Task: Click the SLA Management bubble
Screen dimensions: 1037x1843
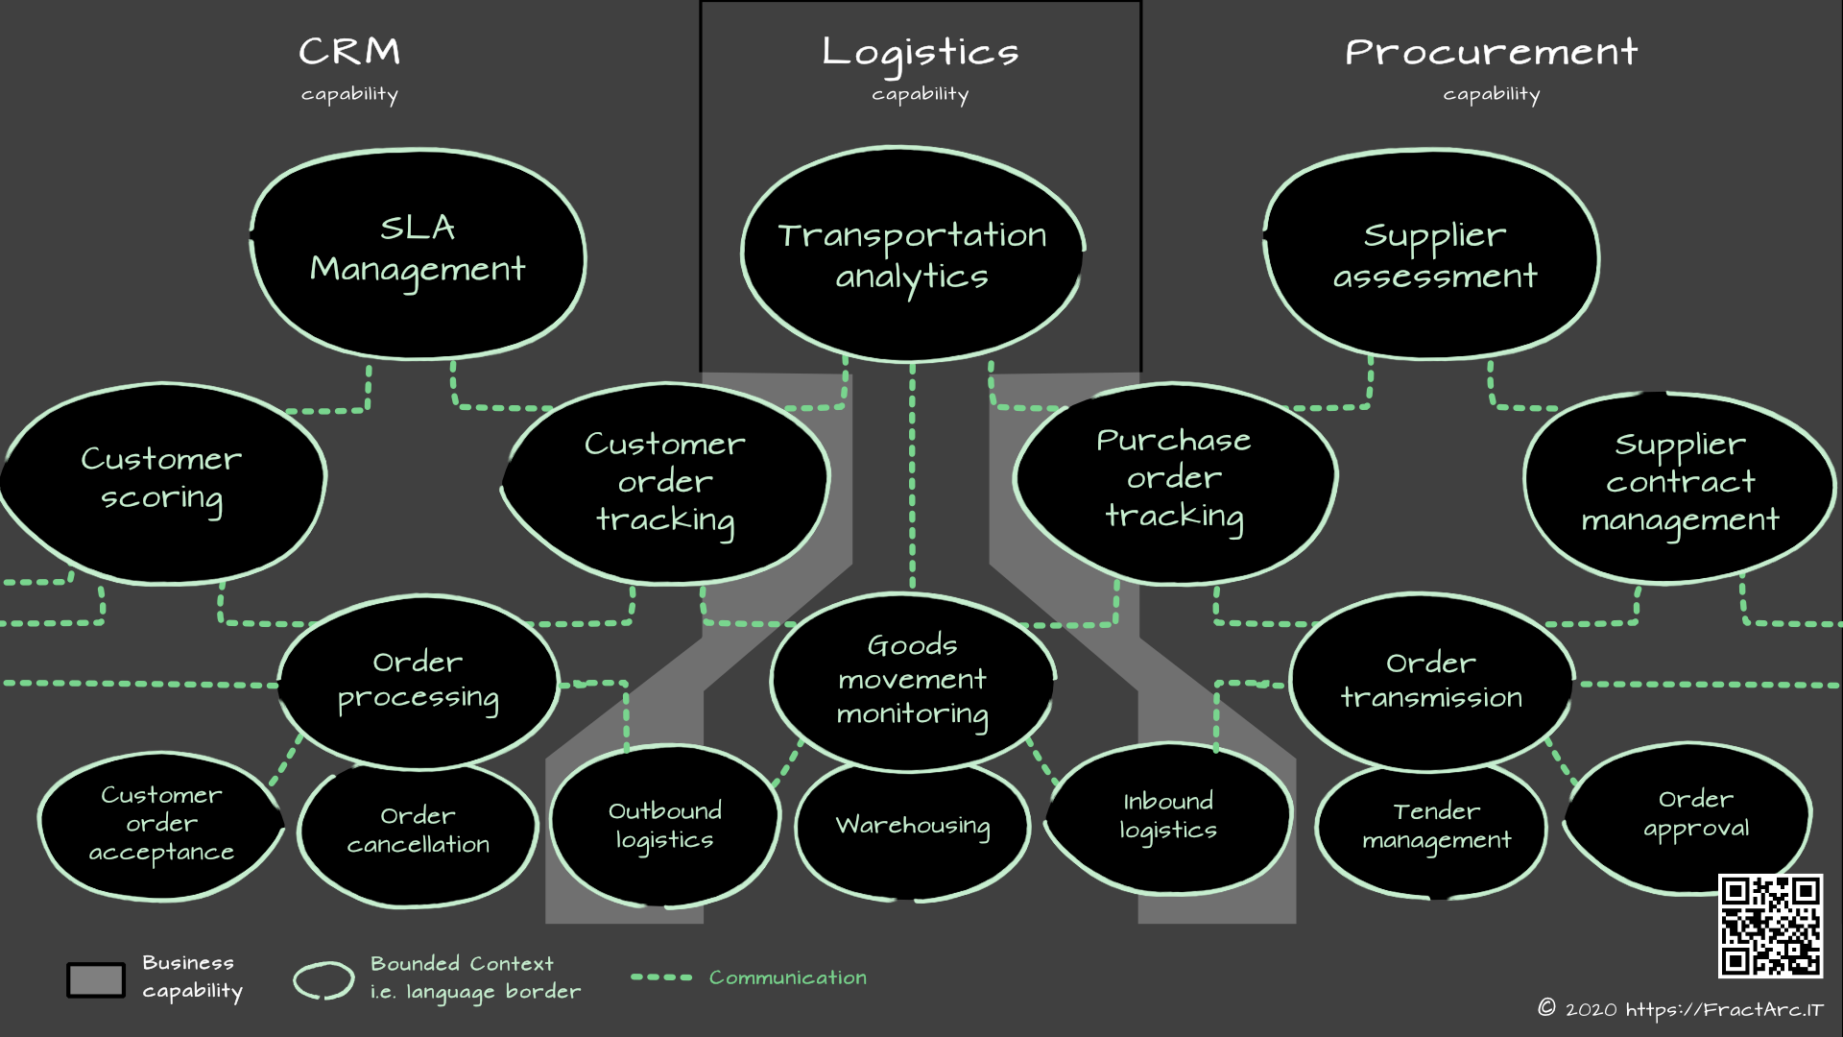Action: [418, 254]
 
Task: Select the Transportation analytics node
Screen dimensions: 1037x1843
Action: [912, 255]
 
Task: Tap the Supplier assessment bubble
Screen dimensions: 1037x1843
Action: [1433, 255]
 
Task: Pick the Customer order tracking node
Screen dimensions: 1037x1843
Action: [665, 483]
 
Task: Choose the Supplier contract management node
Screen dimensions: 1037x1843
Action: [1680, 486]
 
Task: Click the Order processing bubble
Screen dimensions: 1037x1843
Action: [419, 681]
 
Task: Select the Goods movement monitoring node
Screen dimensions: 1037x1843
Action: [912, 681]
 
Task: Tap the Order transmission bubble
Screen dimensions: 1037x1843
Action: [1431, 681]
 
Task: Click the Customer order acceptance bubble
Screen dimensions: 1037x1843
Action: [161, 825]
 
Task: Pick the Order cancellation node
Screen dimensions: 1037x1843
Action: [418, 832]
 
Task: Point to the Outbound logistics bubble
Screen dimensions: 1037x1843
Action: [664, 826]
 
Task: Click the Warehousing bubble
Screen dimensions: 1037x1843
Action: [912, 828]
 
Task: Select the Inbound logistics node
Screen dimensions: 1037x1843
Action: [1168, 817]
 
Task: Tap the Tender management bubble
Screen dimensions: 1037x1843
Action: [1436, 828]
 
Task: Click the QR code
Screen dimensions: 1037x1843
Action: [1770, 926]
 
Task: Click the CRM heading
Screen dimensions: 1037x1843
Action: [349, 52]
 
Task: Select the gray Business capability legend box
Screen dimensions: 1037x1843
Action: [96, 979]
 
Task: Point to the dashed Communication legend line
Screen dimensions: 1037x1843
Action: [661, 977]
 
